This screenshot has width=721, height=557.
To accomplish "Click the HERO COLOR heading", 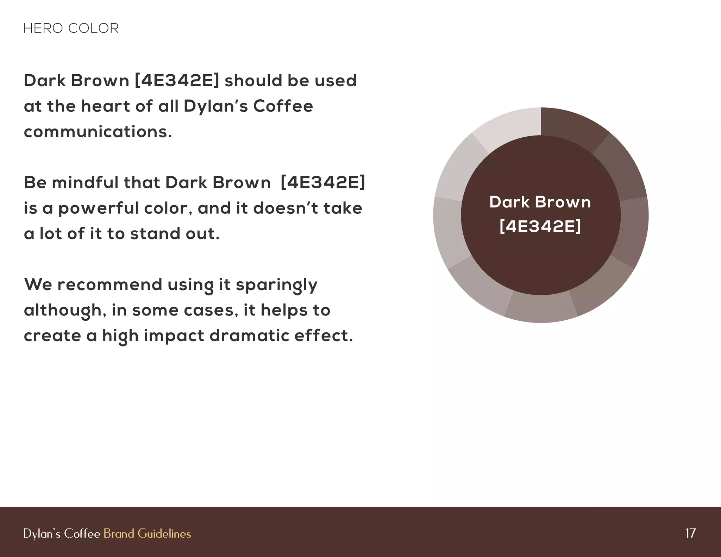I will coord(71,28).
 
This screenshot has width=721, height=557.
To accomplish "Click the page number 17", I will coord(690,533).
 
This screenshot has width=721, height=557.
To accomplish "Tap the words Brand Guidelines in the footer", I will coord(147,533).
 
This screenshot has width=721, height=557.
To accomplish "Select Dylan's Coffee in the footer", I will coord(62,533).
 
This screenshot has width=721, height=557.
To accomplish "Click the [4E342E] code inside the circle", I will coord(540,226).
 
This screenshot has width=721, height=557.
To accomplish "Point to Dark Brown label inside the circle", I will coord(540,202).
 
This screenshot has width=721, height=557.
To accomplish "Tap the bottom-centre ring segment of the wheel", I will coord(541,308).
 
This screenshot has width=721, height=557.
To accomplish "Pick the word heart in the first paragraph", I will coord(106,106).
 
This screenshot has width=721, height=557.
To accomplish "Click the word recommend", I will coord(109,284).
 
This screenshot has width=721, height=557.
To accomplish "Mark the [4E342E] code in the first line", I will coord(177,81).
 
